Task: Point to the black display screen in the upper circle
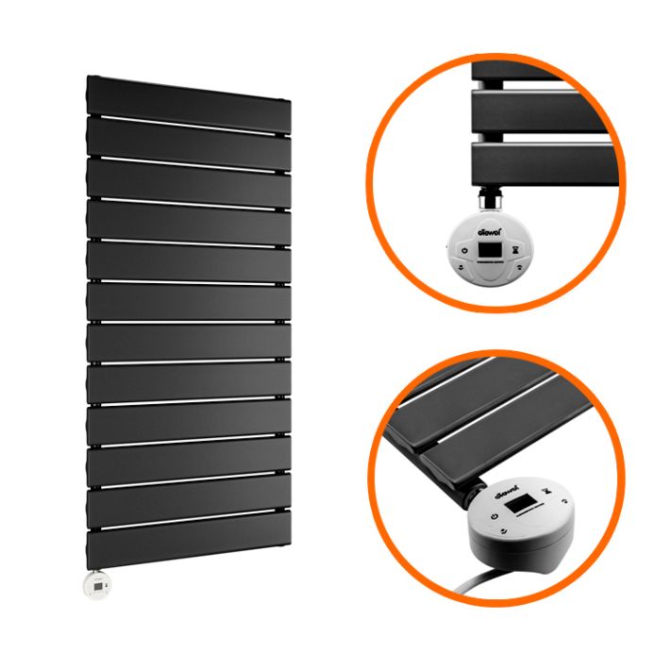tap(489, 250)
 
